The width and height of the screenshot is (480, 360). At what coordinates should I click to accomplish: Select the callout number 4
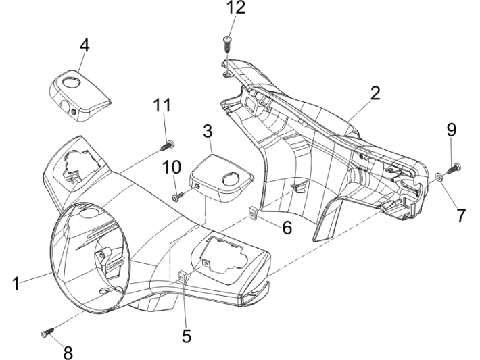[x=84, y=46]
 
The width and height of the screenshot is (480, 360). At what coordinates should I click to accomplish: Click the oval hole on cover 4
[x=70, y=82]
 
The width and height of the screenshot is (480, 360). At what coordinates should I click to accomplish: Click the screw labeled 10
[x=178, y=197]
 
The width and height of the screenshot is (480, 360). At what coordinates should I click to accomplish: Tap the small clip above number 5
[x=183, y=277]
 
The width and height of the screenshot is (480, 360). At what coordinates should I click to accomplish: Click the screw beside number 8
[x=47, y=332]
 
